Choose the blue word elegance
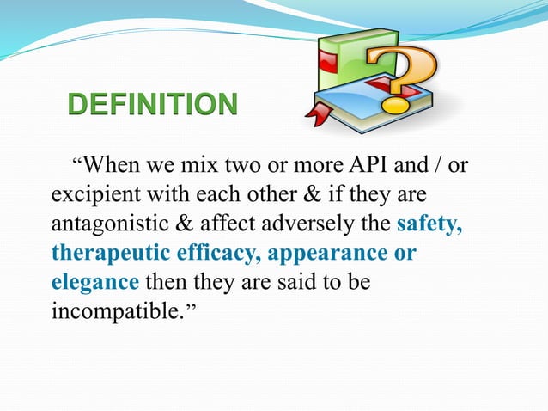94,281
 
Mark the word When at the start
116,164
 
